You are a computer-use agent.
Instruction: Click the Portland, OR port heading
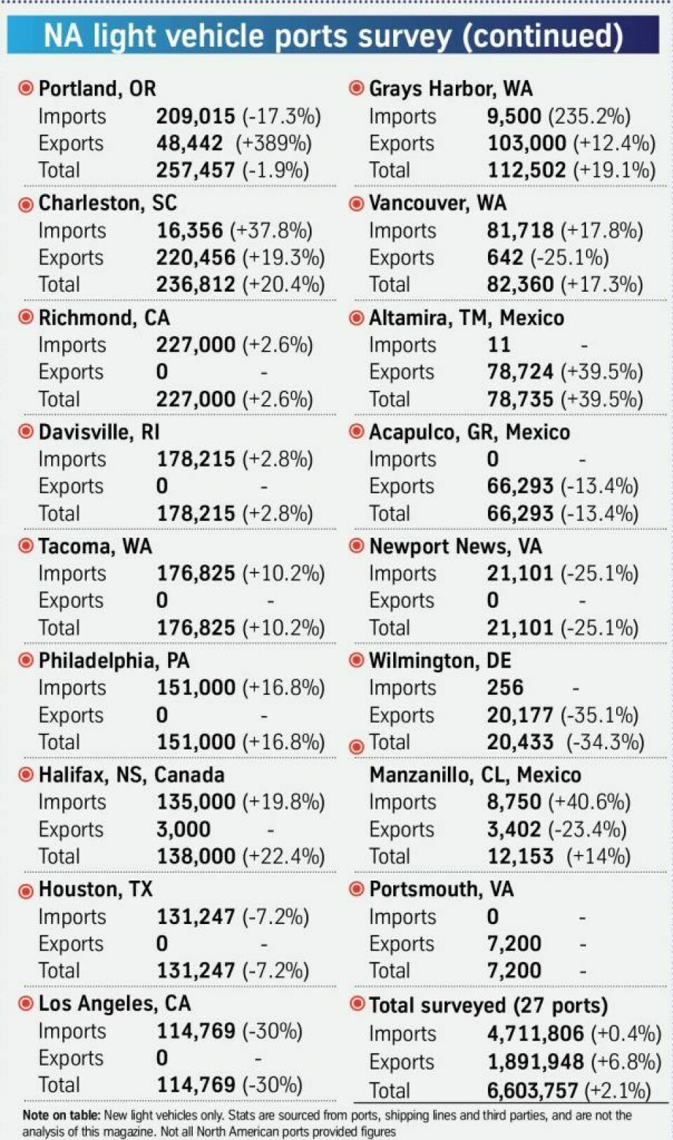97,89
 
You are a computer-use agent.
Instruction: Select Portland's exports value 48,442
189,144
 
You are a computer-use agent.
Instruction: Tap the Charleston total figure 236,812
196,285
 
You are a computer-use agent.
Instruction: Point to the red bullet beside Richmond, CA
26,318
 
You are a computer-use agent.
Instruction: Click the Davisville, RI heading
99,432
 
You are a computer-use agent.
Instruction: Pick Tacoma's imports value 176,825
196,574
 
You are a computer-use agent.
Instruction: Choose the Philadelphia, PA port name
114,660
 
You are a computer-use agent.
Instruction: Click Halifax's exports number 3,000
183,829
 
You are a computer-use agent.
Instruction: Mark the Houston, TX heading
95,889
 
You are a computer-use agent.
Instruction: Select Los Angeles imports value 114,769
196,1031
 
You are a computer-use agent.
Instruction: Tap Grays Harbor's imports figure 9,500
514,116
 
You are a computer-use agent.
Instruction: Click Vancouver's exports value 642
505,257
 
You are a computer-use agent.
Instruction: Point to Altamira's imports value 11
498,345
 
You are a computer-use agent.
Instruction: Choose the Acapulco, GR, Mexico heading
469,432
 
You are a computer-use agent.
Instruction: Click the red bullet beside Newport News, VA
356,546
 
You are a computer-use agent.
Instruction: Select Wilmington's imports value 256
505,688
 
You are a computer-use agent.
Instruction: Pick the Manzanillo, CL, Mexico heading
475,775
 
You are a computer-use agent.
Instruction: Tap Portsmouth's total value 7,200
514,971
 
